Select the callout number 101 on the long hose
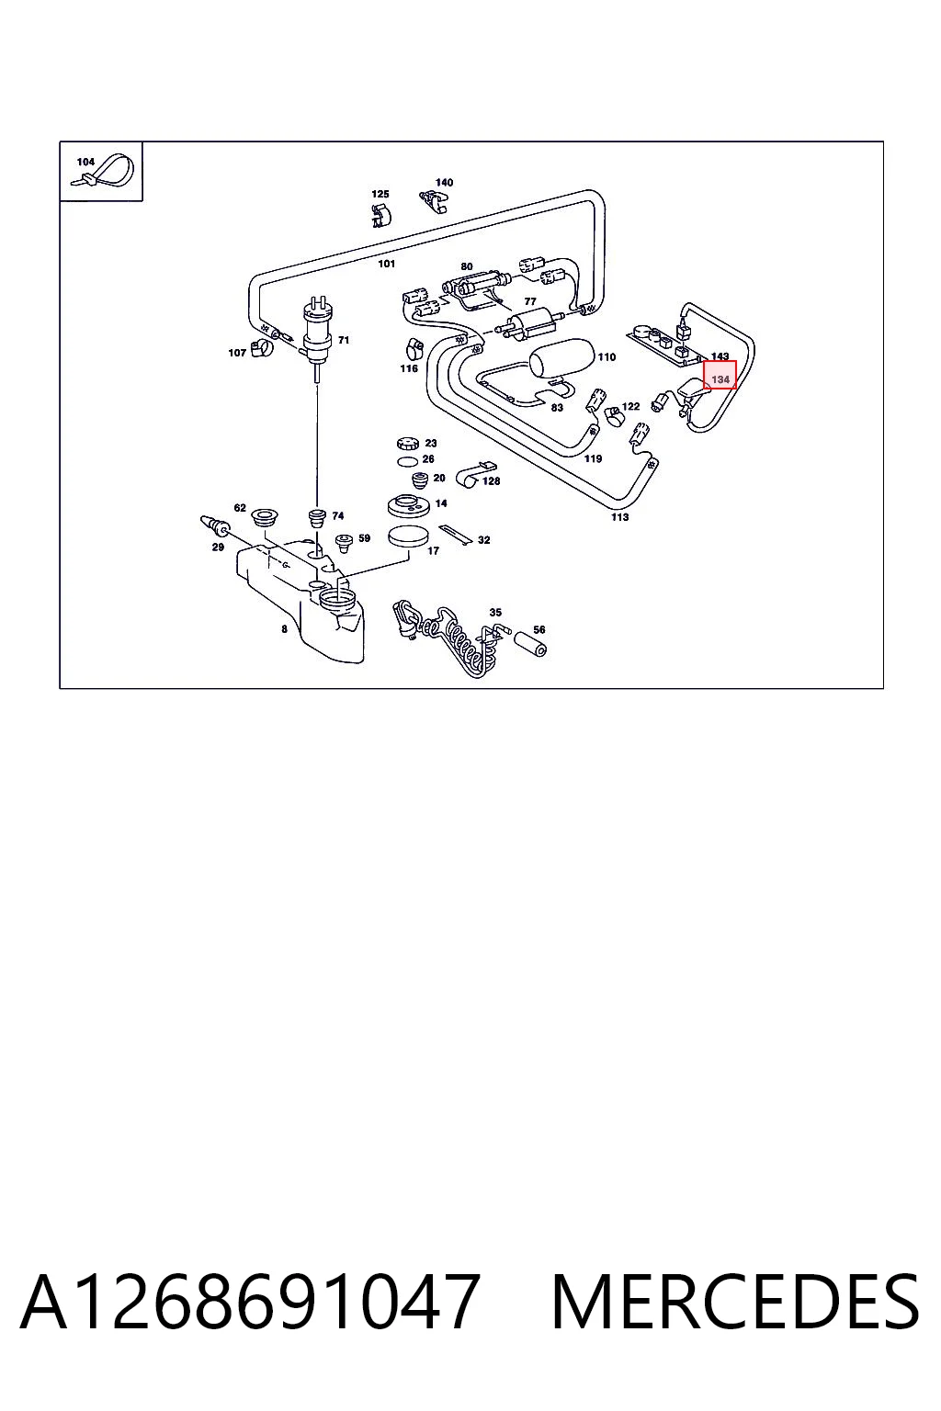386,264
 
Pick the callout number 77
530,301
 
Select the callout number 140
445,182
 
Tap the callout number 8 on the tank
284,628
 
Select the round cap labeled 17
408,536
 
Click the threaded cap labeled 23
408,442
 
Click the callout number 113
619,516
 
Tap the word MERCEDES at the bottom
735,1302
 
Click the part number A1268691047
250,1302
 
